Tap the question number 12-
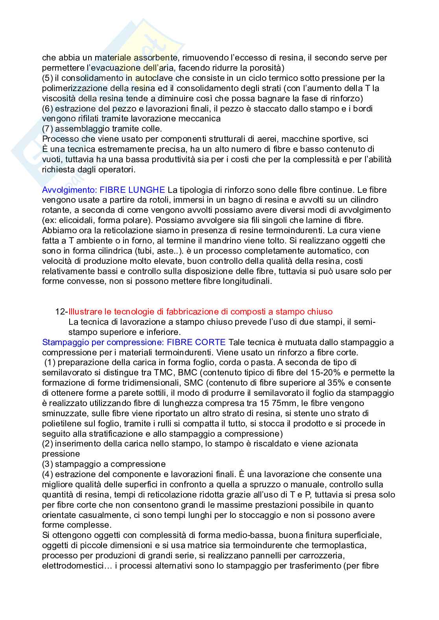[x=61, y=311]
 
